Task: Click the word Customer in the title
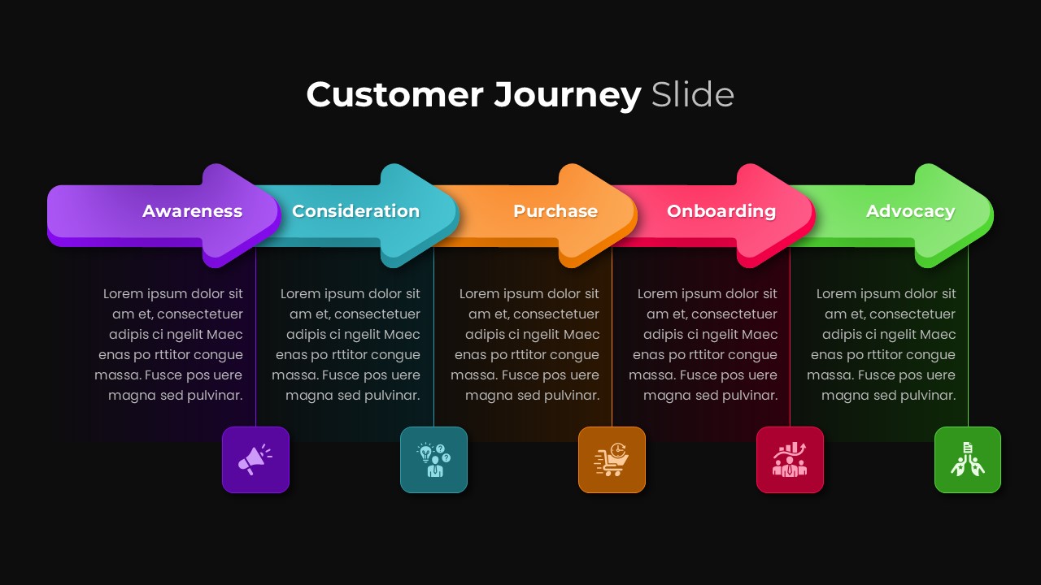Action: (394, 95)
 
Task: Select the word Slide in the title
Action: (692, 95)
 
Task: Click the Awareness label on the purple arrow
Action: (193, 211)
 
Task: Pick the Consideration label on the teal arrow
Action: (355, 211)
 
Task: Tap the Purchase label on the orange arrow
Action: (555, 211)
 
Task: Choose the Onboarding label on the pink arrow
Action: (721, 211)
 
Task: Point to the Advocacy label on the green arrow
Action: (910, 211)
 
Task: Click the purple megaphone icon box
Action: (255, 460)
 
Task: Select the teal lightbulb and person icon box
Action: (433, 460)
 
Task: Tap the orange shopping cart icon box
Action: (612, 460)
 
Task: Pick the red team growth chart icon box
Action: (790, 460)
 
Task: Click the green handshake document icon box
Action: (968, 460)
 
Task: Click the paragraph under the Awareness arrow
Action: (169, 344)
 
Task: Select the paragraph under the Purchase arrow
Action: (525, 344)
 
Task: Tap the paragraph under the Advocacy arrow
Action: (882, 344)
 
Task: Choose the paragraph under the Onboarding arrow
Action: (703, 344)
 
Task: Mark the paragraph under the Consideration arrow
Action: (346, 344)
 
